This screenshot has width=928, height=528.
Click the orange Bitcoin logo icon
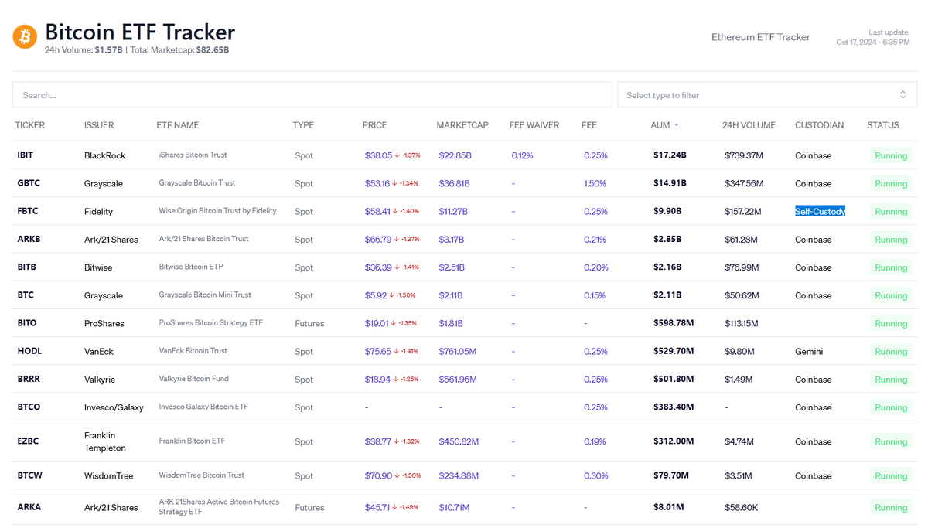pyautogui.click(x=25, y=36)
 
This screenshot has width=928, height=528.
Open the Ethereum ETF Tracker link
pyautogui.click(x=760, y=37)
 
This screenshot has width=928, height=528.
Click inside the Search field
pyautogui.click(x=312, y=95)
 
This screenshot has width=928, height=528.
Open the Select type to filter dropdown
pyautogui.click(x=767, y=95)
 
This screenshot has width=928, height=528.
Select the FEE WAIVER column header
pyautogui.click(x=534, y=125)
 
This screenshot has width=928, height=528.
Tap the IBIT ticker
pyautogui.click(x=26, y=155)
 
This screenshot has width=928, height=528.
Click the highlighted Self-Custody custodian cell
pyautogui.click(x=820, y=211)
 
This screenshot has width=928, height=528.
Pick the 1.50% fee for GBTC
pyautogui.click(x=595, y=183)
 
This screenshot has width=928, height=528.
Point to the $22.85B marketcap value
pyautogui.click(x=455, y=155)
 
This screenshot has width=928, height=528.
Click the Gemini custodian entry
pyautogui.click(x=809, y=351)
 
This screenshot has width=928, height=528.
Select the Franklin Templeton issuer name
pyautogui.click(x=105, y=441)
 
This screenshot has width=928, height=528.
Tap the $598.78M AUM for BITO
pyautogui.click(x=674, y=322)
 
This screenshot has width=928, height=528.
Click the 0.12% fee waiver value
pyautogui.click(x=522, y=155)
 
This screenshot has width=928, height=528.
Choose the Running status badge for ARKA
pyautogui.click(x=891, y=507)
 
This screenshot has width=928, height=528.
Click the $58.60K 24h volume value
pyautogui.click(x=741, y=507)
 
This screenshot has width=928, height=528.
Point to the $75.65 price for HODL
pyautogui.click(x=378, y=351)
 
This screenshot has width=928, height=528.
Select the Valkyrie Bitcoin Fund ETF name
pyautogui.click(x=193, y=379)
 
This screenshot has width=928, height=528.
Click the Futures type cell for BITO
pyautogui.click(x=309, y=323)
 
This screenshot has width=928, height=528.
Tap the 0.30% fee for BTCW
pyautogui.click(x=595, y=475)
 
